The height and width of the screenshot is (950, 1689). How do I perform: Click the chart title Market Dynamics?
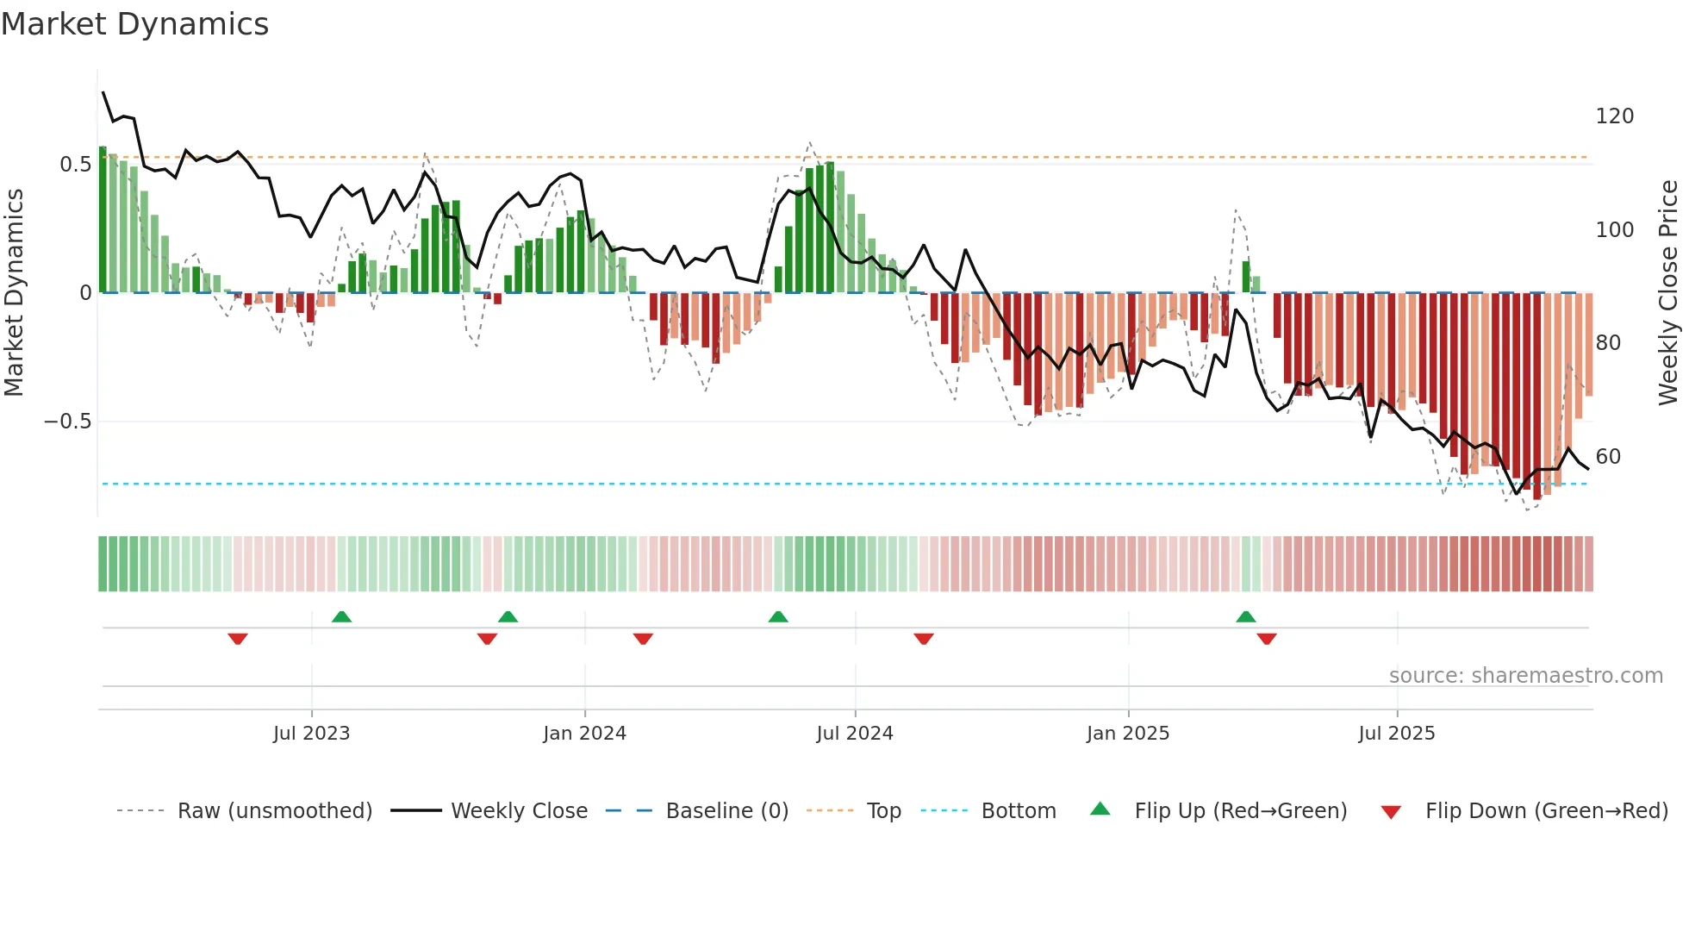pyautogui.click(x=135, y=24)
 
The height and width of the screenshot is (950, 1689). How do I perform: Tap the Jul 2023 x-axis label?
pyautogui.click(x=311, y=734)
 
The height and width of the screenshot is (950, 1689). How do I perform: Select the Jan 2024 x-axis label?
pyautogui.click(x=584, y=734)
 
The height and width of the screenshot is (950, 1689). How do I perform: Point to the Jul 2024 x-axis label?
pyautogui.click(x=854, y=734)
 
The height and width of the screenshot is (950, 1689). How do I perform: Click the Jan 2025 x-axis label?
pyautogui.click(x=1127, y=734)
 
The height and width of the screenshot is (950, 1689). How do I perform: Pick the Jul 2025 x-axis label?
pyautogui.click(x=1396, y=734)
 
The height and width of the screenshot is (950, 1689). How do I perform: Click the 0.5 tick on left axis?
pyautogui.click(x=75, y=165)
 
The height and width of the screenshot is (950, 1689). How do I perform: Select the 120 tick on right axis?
pyautogui.click(x=1614, y=116)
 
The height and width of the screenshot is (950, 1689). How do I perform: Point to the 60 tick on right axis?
pyautogui.click(x=1608, y=457)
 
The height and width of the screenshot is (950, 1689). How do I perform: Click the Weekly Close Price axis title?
pyautogui.click(x=1668, y=293)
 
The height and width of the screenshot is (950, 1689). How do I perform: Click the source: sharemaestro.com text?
pyautogui.click(x=1525, y=676)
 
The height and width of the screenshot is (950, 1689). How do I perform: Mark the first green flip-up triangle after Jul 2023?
pyautogui.click(x=341, y=616)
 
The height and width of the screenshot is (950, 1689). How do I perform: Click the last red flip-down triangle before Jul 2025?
pyautogui.click(x=1266, y=639)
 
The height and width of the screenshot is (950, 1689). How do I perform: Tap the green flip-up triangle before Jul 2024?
pyautogui.click(x=777, y=616)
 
